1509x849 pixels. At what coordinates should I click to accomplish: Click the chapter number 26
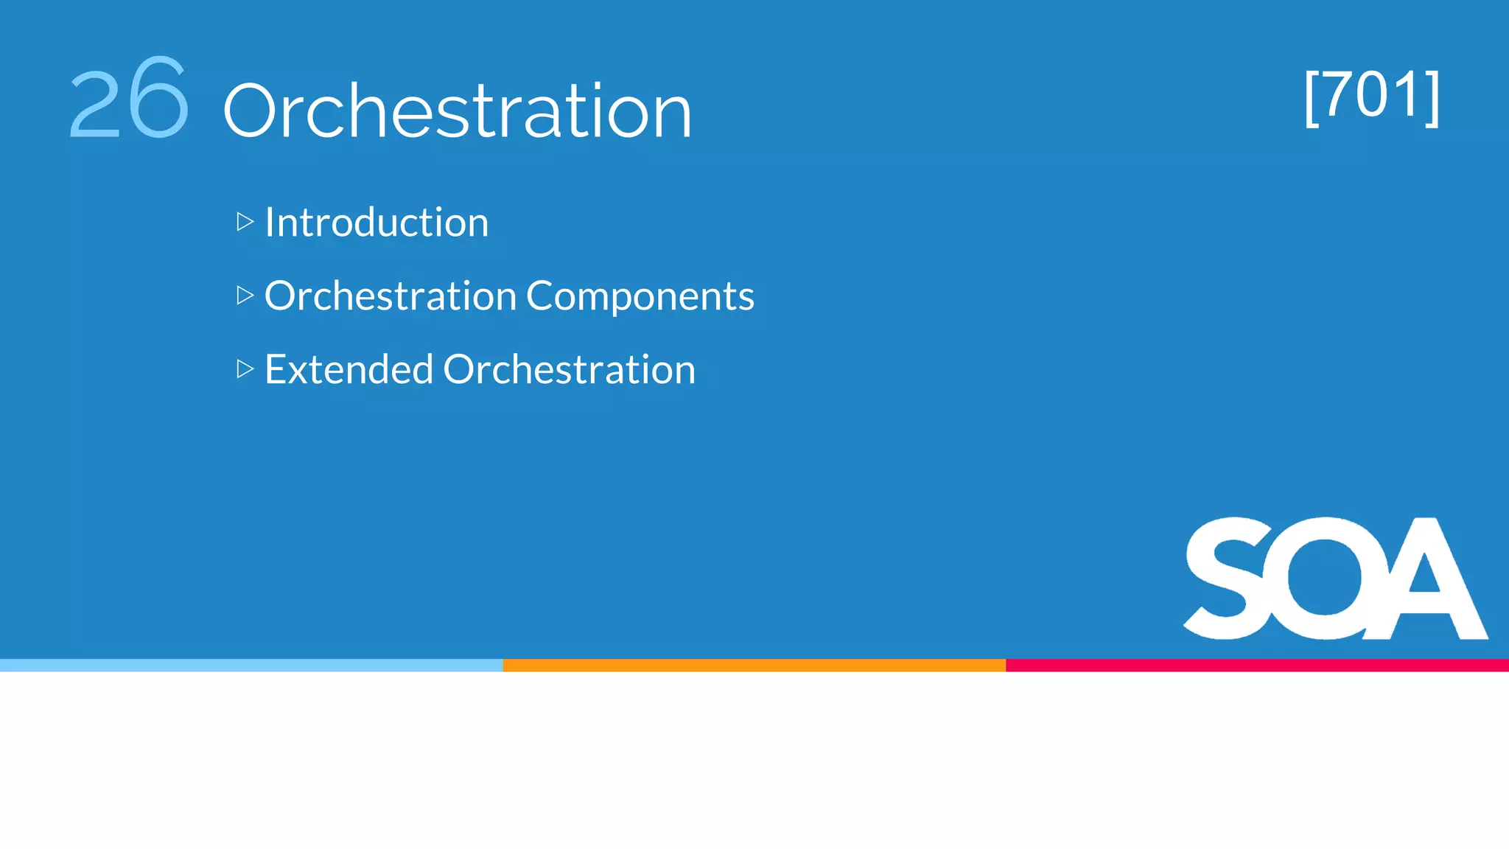(x=130, y=99)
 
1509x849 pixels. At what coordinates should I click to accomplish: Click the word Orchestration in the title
(x=457, y=111)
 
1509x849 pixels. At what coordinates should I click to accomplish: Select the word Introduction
(x=376, y=222)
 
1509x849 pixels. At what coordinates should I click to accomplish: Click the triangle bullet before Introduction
(x=245, y=222)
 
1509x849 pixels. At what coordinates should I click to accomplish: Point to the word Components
(x=640, y=296)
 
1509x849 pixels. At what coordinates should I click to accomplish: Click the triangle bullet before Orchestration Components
(x=245, y=296)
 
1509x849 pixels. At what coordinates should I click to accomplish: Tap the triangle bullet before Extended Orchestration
(x=245, y=368)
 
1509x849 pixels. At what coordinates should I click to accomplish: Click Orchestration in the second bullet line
(x=390, y=296)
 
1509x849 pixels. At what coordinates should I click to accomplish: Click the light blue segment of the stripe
(x=251, y=665)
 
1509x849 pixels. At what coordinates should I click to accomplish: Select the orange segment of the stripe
(x=754, y=665)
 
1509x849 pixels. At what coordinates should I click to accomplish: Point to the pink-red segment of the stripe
(x=1257, y=665)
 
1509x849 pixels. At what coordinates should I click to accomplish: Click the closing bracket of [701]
(x=1432, y=97)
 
